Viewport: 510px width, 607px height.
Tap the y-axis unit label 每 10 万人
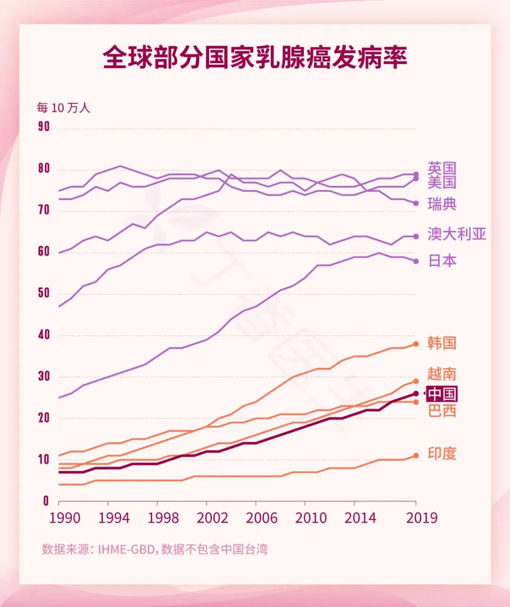tap(63, 108)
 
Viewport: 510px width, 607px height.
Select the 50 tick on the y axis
tap(44, 293)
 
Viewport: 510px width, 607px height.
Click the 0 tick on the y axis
tap(46, 501)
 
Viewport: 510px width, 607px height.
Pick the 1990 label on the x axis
tap(65, 518)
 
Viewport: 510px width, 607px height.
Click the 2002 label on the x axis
tap(212, 518)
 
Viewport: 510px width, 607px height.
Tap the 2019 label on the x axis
tap(422, 518)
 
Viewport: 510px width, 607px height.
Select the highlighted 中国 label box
tap(442, 394)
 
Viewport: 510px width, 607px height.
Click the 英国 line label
tap(442, 168)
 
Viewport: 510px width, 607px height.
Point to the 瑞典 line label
tap(442, 204)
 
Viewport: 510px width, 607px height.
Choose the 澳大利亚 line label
tap(457, 234)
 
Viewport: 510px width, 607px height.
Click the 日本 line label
tap(442, 261)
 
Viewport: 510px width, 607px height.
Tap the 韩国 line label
tap(442, 343)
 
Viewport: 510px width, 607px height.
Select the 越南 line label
tap(442, 374)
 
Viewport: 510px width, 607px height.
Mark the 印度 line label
tap(442, 454)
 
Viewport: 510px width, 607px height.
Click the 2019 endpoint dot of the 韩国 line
tap(416, 344)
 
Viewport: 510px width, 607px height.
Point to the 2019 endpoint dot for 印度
tap(416, 456)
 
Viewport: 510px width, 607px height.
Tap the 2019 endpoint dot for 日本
tap(416, 261)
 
